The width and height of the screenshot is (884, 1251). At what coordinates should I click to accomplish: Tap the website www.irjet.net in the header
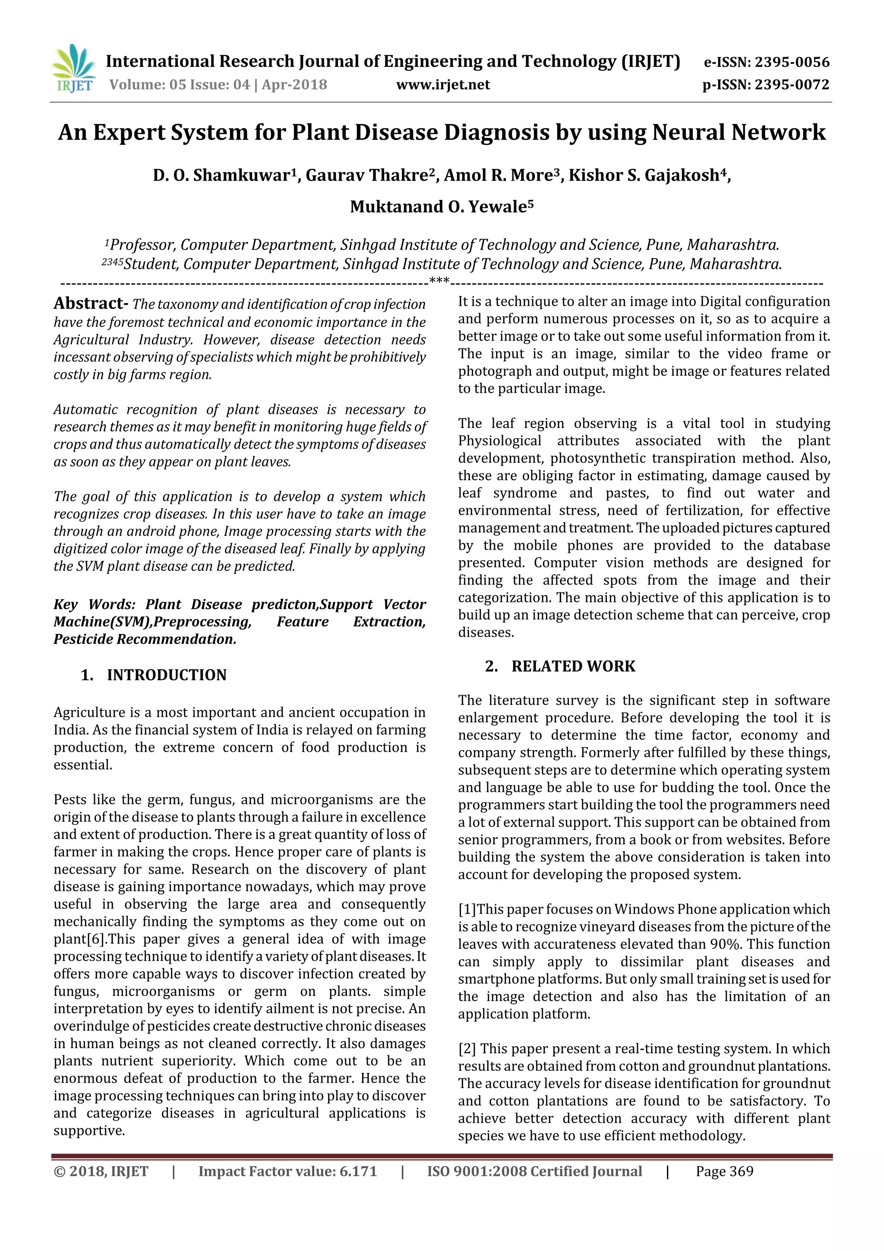[x=443, y=85]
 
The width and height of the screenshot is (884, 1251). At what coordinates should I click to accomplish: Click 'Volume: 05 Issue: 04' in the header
[x=180, y=85]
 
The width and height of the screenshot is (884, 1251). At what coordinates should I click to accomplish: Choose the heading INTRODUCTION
[x=166, y=675]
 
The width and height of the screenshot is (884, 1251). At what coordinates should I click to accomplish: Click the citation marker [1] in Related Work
[x=467, y=909]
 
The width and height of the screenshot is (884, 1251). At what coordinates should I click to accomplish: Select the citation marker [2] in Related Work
[x=467, y=1048]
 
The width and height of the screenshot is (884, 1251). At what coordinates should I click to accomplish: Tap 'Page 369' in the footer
[x=724, y=1171]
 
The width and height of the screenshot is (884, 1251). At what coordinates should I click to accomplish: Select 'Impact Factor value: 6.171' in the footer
[x=287, y=1171]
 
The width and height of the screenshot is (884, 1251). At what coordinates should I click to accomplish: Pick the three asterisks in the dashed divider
[x=439, y=281]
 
